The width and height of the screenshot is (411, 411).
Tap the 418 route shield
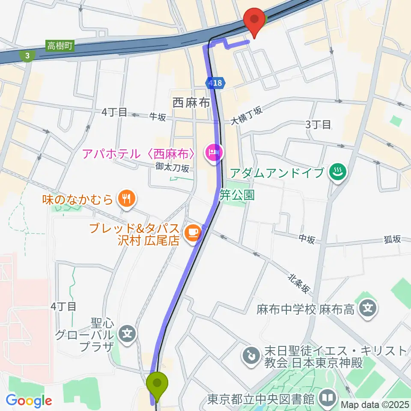[x=216, y=83]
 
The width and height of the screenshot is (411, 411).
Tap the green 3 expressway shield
[x=28, y=55]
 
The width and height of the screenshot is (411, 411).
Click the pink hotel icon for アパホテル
[x=214, y=153]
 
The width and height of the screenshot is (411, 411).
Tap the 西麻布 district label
[x=191, y=103]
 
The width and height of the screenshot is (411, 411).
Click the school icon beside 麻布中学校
[x=368, y=309]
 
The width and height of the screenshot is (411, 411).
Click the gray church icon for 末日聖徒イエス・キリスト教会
[x=249, y=354]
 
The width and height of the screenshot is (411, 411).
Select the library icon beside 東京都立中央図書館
[x=328, y=399]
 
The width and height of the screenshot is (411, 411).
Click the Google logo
[x=29, y=401]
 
